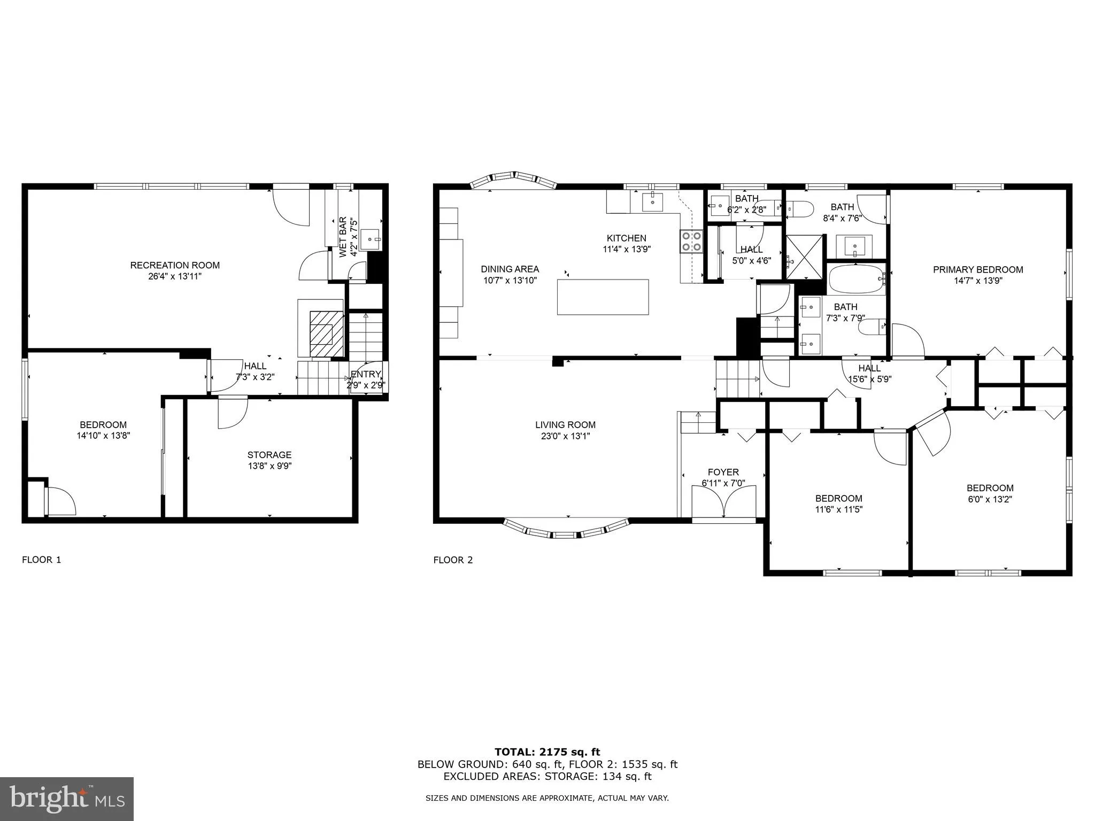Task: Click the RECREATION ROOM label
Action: [175, 265]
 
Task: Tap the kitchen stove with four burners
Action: [691, 241]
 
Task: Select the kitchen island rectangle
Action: [603, 297]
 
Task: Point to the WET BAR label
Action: [343, 237]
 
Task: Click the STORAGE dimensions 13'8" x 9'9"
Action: [269, 466]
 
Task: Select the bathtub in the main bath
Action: [855, 279]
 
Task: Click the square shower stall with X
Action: [805, 257]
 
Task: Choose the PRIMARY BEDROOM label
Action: [978, 270]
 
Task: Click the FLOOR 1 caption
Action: [41, 560]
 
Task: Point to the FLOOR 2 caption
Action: [453, 560]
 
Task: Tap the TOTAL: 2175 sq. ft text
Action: [547, 753]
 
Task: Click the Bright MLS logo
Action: [67, 799]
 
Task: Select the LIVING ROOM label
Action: [565, 425]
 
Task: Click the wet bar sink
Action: [369, 239]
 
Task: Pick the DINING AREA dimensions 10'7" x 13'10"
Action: [510, 280]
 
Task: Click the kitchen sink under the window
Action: [652, 202]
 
